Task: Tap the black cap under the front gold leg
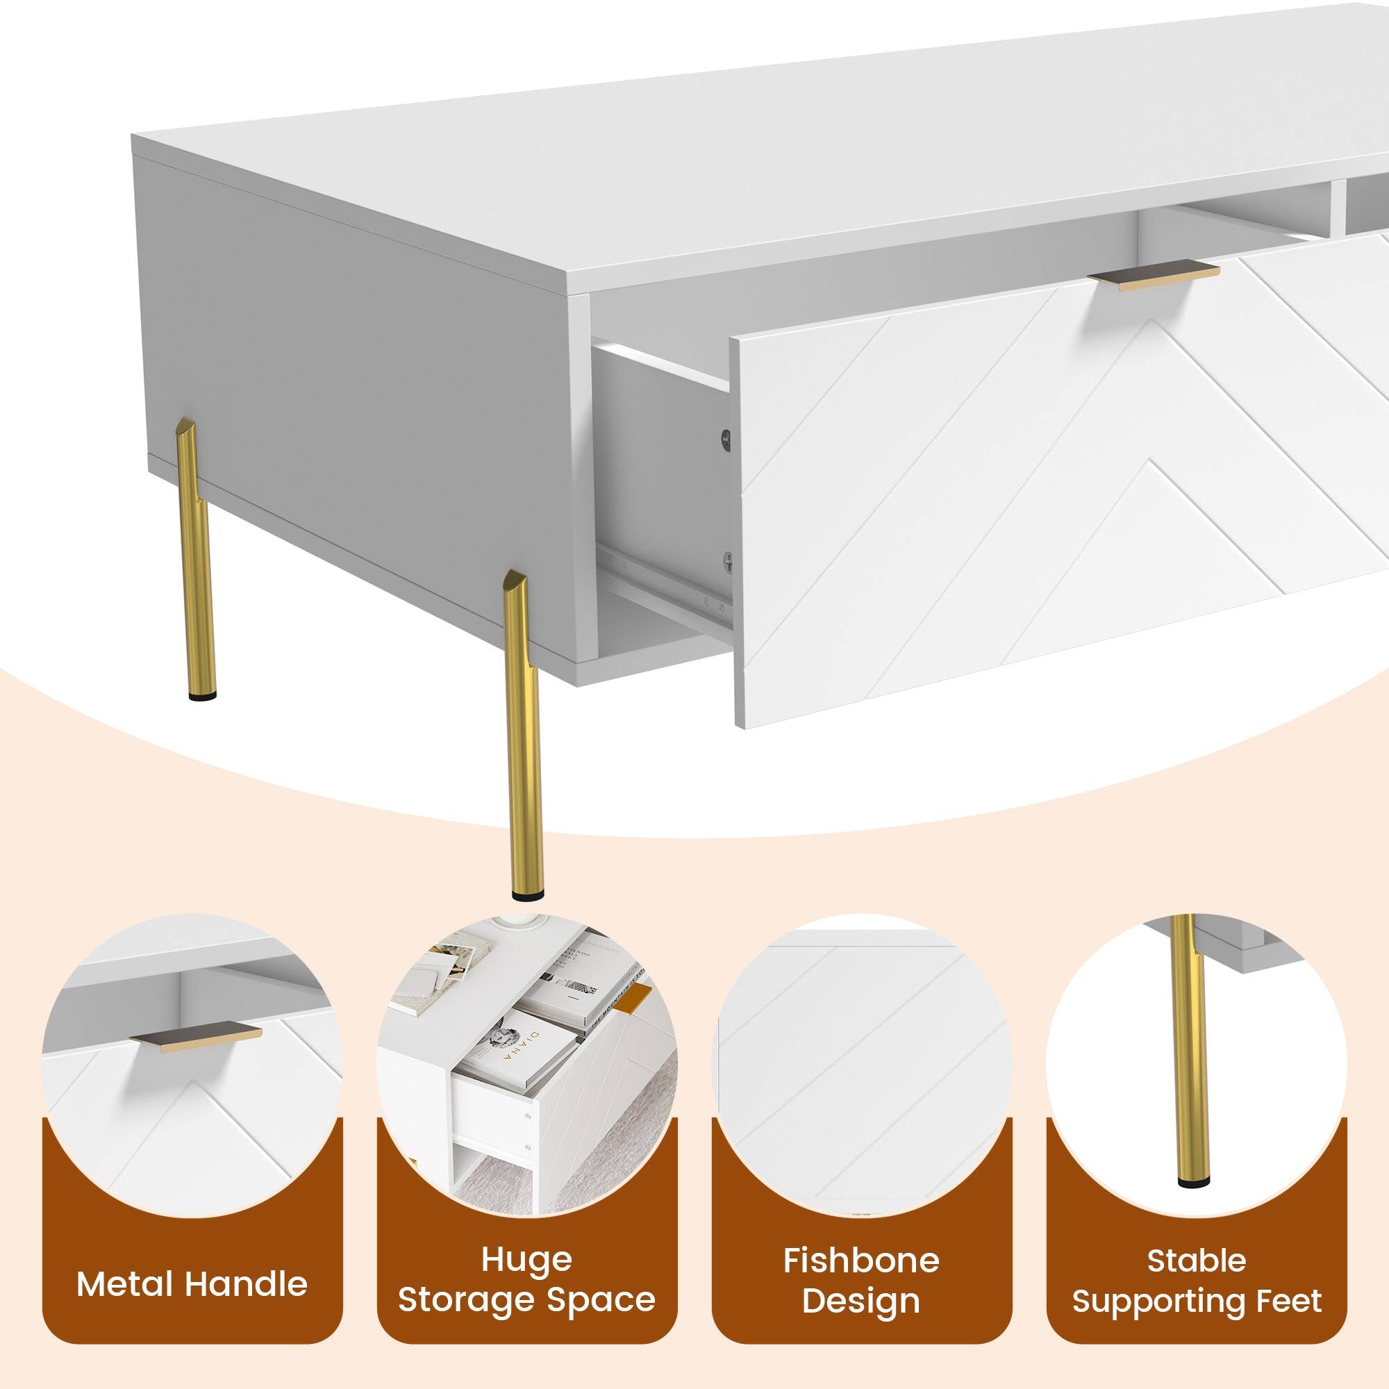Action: (528, 895)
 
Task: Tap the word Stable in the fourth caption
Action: (1197, 1261)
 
